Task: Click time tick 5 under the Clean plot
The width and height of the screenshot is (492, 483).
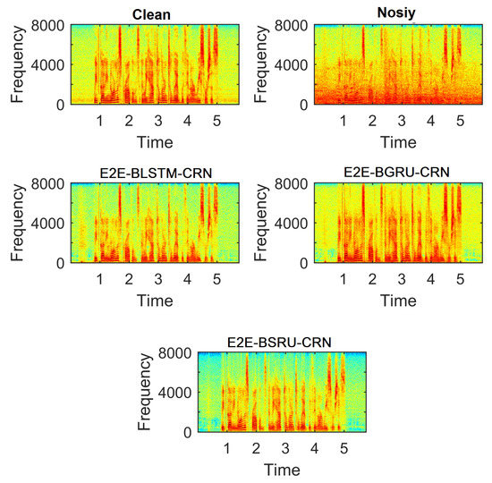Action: (x=216, y=119)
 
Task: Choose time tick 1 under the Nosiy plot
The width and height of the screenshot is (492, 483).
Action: (x=345, y=119)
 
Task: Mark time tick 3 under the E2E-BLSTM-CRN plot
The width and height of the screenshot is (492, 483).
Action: (x=157, y=278)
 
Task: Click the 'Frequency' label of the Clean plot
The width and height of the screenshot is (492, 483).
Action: (x=19, y=65)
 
